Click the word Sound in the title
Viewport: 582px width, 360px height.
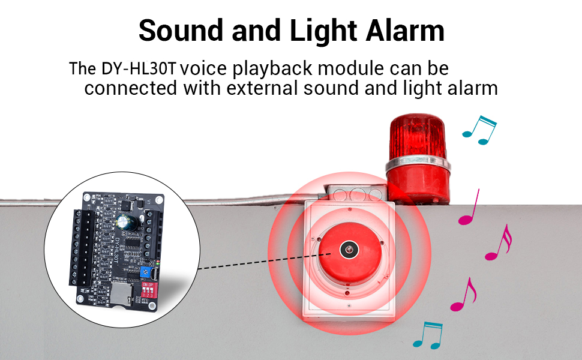tap(181, 31)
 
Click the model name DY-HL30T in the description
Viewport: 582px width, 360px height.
tap(139, 68)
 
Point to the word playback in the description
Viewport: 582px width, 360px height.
tap(272, 69)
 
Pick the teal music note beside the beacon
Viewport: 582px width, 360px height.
tap(479, 130)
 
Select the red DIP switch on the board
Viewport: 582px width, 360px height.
tap(149, 289)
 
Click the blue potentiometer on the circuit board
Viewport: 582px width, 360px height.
tap(145, 272)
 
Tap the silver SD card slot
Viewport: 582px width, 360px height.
tap(121, 293)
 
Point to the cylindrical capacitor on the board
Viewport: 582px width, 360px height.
tap(124, 223)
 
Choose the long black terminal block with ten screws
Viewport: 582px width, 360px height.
tap(82, 248)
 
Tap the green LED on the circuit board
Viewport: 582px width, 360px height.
tap(157, 262)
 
